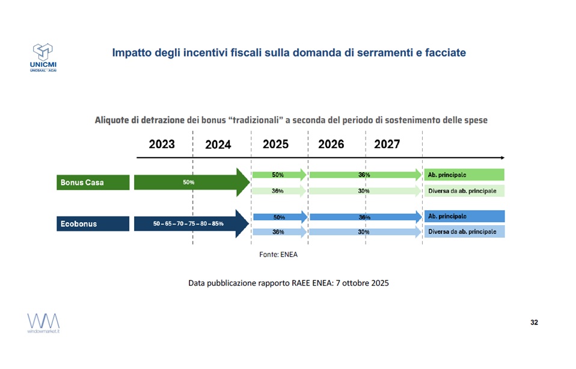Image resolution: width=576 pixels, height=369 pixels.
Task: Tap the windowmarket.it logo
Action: pos(43,323)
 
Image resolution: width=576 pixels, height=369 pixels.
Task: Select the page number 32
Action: pos(534,323)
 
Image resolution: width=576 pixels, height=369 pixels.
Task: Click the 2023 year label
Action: pos(162,144)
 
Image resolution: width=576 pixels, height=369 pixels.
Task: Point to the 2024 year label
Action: pos(218,145)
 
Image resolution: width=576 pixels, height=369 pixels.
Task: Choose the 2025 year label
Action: pos(275,144)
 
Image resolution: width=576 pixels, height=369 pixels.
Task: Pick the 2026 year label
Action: pos(331,144)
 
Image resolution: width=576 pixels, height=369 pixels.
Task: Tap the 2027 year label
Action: pos(387,144)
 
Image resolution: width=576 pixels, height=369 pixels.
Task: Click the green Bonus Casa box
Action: pos(93,182)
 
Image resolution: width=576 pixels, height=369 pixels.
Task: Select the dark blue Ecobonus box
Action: pos(93,223)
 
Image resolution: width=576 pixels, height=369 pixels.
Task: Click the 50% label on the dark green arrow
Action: pos(188,182)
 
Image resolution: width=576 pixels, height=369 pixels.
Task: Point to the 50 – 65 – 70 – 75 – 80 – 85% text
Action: pos(188,224)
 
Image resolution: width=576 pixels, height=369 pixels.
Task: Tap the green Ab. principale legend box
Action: pos(464,175)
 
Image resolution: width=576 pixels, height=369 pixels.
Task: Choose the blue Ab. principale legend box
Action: pos(464,216)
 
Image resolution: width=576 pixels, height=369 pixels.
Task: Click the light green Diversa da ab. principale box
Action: pos(464,191)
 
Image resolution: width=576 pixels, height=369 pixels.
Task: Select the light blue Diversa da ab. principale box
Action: pos(464,232)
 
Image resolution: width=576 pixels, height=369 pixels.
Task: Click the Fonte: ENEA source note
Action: pos(278,254)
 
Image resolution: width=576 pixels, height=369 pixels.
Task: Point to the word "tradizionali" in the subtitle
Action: pos(254,120)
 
